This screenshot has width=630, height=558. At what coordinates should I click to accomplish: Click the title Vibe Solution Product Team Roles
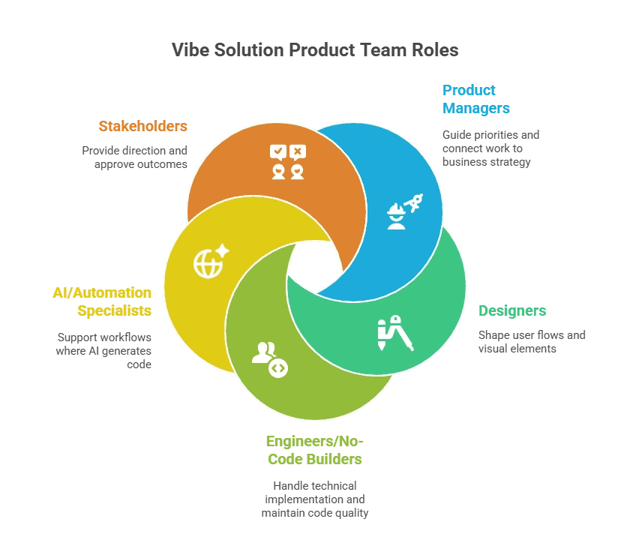click(315, 50)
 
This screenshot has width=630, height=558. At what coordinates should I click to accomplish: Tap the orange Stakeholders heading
click(142, 125)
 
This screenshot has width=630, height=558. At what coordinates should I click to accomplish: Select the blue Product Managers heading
click(475, 99)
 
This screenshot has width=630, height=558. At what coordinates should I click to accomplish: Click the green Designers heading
click(512, 310)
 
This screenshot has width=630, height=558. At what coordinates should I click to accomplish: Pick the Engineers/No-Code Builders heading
click(314, 449)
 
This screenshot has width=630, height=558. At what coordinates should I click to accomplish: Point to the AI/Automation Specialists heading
click(101, 301)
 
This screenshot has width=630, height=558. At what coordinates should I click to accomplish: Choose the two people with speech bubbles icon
click(289, 162)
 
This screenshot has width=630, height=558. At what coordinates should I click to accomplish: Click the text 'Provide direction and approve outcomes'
click(134, 157)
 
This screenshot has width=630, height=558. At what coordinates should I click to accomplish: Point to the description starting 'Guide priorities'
click(490, 148)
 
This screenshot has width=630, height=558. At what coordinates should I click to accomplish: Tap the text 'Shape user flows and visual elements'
click(532, 341)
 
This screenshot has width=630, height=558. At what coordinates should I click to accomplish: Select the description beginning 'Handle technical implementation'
click(314, 499)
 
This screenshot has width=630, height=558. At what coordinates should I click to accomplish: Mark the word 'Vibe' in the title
click(190, 50)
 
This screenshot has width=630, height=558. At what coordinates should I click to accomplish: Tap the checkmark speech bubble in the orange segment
click(278, 152)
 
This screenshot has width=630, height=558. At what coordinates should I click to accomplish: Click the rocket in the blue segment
click(414, 201)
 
